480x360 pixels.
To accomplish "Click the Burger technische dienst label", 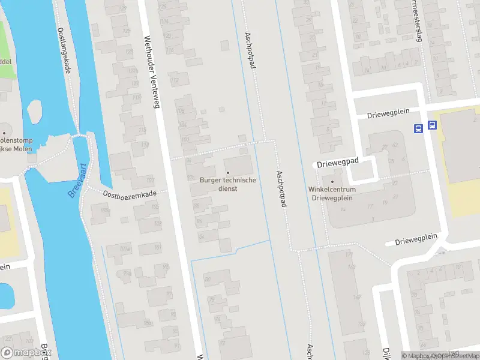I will pos(227,184).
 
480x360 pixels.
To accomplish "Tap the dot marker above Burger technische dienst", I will pos(227,173).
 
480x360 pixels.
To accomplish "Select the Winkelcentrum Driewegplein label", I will pos(332,193).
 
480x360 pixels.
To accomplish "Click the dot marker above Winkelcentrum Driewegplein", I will pos(332,182).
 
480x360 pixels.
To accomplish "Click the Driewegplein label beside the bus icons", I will pos(386,114).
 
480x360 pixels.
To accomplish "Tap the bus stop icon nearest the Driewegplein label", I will pos(418,128).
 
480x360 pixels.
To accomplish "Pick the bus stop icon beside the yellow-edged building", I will pos(432,126).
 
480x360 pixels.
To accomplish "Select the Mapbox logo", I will pos(26,353).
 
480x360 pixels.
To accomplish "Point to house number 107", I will pos(149,181).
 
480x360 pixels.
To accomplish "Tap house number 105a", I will pos(105,210).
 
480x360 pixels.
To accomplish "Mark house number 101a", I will pos(125,248).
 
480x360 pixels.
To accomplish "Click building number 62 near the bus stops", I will pos(395,145).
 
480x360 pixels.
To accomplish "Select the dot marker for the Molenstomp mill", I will pos(4,133).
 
